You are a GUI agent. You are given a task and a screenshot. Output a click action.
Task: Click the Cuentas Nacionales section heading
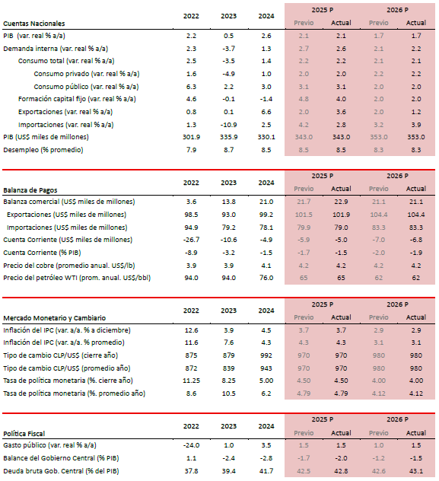(x=34, y=24)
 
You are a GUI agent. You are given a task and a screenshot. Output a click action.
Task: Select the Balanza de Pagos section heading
(x=30, y=190)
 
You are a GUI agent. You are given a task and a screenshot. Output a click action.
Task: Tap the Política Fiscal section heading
(x=24, y=434)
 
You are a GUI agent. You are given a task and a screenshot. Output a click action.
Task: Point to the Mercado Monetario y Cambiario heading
(x=54, y=318)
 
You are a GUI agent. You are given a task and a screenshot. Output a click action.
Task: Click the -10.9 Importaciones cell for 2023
(x=228, y=125)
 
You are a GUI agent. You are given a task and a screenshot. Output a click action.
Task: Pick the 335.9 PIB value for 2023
(x=228, y=137)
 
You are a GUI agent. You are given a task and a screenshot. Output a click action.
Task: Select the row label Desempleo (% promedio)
(x=43, y=150)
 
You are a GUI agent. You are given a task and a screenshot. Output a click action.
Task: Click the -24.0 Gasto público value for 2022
(x=191, y=445)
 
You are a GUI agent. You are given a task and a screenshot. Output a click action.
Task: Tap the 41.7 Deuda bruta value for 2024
(x=266, y=471)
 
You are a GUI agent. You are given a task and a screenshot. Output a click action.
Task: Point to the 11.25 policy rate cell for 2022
(x=191, y=381)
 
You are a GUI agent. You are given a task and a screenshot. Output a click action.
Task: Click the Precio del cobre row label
(x=69, y=266)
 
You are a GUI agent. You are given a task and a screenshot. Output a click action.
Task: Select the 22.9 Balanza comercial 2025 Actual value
(x=341, y=202)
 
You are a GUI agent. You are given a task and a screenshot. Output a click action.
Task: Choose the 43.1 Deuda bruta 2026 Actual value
(x=416, y=471)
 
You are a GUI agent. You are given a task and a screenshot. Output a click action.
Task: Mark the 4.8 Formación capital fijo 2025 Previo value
(x=304, y=99)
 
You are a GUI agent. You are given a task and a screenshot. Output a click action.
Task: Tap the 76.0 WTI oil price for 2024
(x=266, y=278)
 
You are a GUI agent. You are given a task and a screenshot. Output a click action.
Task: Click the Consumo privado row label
(x=87, y=74)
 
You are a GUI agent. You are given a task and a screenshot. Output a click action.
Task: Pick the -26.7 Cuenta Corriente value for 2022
(x=191, y=240)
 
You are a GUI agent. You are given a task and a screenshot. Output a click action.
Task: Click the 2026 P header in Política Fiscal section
(x=397, y=419)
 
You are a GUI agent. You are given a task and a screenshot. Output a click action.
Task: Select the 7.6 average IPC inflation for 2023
(x=228, y=342)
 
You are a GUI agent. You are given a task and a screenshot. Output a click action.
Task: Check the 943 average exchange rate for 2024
(x=266, y=368)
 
